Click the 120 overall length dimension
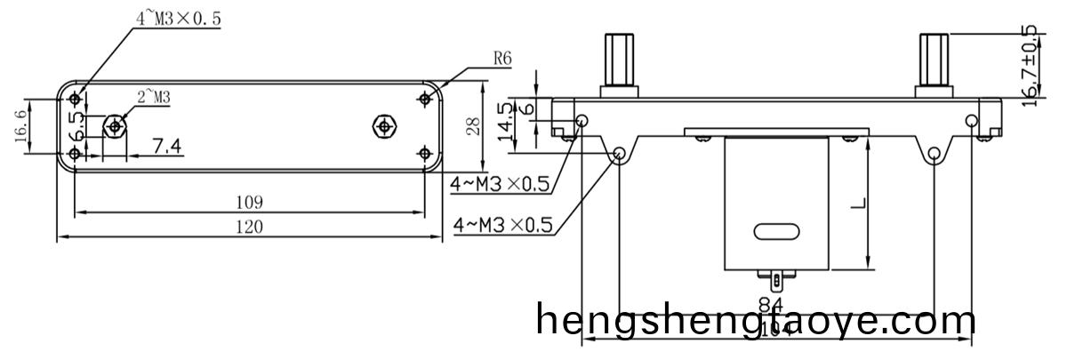(249, 228)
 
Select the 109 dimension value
(250, 202)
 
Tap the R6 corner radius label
(502, 60)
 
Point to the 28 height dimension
(474, 125)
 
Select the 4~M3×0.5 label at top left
(178, 17)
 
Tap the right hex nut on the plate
(383, 125)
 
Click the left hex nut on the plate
(114, 126)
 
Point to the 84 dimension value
(770, 305)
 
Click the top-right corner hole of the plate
(424, 99)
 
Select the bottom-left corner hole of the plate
(75, 155)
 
